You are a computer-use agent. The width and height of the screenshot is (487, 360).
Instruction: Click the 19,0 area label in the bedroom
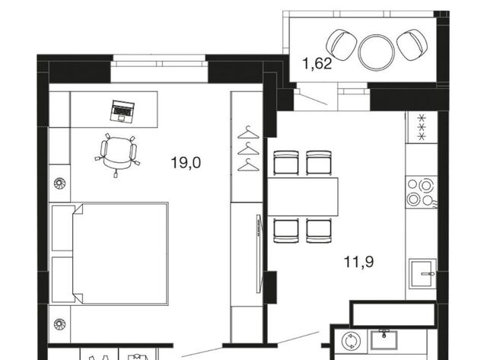coord(186,162)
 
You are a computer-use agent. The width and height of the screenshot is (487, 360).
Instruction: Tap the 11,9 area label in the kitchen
coord(358,262)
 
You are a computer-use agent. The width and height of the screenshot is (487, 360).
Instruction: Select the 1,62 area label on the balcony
coord(317,64)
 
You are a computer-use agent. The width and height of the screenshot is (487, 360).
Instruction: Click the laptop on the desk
coord(123,111)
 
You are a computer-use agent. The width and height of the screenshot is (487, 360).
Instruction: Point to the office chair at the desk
coord(117,153)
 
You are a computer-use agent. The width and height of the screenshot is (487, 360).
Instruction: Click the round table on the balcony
coord(376,53)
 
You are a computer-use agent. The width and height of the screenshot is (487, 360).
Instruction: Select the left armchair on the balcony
coord(342,44)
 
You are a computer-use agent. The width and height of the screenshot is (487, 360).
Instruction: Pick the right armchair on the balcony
coord(412,44)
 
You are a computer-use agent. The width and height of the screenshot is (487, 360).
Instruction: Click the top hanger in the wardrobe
coord(248,132)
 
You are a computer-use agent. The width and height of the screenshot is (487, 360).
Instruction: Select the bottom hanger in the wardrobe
coord(248,165)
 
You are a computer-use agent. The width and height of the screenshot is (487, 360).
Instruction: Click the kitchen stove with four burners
coord(421,193)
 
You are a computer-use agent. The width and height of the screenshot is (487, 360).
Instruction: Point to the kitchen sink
coord(422,274)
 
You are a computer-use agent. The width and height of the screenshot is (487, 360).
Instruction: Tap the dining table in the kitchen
coord(303,196)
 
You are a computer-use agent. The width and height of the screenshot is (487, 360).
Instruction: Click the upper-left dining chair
coord(286,162)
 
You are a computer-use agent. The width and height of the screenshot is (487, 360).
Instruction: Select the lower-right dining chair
coord(319,231)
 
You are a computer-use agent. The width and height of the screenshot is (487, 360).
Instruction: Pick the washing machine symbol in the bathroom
coord(351,341)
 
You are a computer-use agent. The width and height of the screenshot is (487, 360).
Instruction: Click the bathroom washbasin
coord(384,339)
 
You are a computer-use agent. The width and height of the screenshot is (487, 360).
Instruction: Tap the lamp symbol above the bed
coord(59,183)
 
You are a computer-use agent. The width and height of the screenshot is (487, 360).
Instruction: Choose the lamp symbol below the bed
coord(59,324)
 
